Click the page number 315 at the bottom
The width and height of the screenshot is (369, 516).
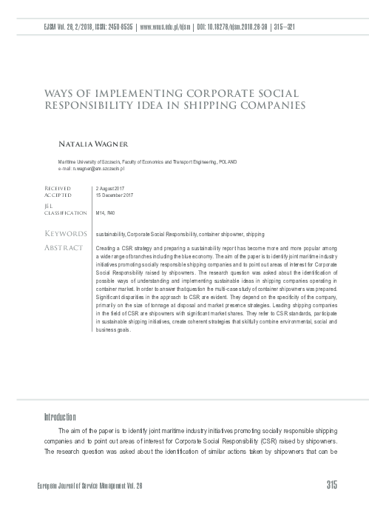click(331, 486)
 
